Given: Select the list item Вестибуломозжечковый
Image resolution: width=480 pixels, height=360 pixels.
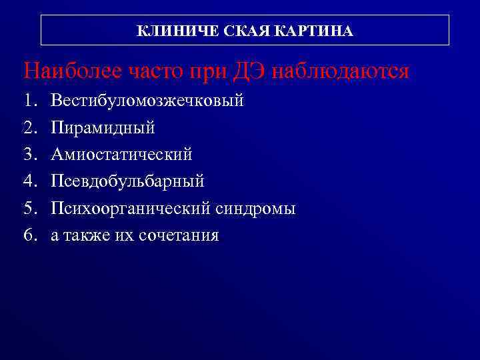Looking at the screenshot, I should click(147, 101).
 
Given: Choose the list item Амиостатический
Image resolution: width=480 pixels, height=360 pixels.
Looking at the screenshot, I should click(121, 155).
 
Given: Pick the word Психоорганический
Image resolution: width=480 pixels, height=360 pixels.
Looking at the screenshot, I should click(131, 209).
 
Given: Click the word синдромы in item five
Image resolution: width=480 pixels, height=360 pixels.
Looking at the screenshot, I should click(256, 209).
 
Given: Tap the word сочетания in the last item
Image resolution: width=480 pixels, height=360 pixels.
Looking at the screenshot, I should click(179, 235).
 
